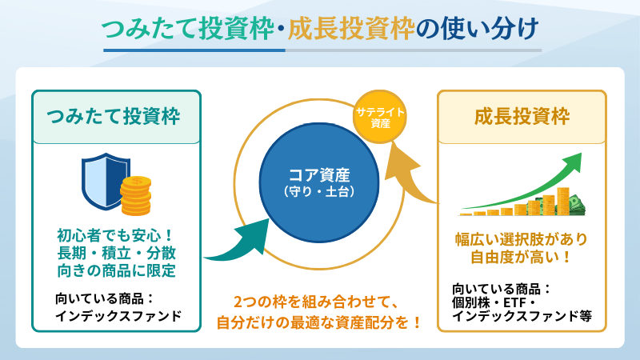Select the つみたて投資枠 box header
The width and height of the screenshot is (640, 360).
pyautogui.click(x=116, y=117)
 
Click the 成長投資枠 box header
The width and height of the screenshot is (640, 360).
pyautogui.click(x=522, y=117)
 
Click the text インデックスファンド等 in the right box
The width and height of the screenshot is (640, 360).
pyautogui.click(x=521, y=315)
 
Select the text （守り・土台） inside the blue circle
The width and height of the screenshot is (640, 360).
pyautogui.click(x=318, y=192)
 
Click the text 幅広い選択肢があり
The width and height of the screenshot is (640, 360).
pyautogui.click(x=521, y=238)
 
